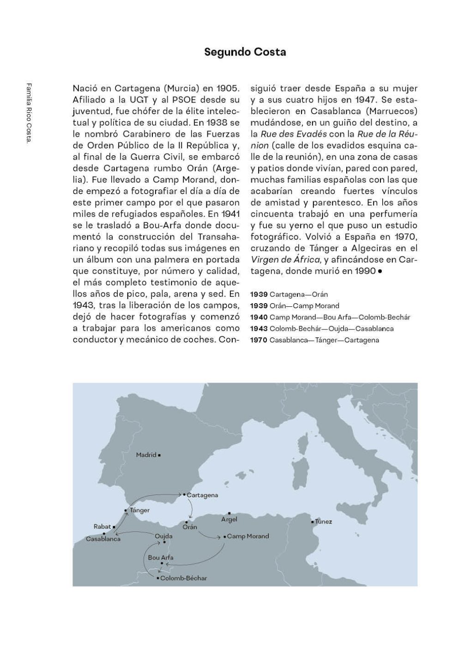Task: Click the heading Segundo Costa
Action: tap(245, 52)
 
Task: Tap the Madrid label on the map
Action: tap(146, 455)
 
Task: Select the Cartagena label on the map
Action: tap(202, 495)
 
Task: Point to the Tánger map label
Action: tap(139, 511)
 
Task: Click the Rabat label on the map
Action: tap(102, 526)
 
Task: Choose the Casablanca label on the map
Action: tap(103, 539)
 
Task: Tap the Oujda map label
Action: tap(163, 536)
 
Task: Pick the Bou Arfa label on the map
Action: tap(161, 558)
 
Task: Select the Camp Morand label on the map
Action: tap(248, 537)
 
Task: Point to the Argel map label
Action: tap(229, 519)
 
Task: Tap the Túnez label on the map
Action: tap(323, 522)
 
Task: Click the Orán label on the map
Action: tap(190, 527)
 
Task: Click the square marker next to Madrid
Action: tap(159, 455)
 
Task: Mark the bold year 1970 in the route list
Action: tap(259, 340)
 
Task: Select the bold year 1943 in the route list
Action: tap(259, 329)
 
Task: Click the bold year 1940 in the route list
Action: tap(259, 317)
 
